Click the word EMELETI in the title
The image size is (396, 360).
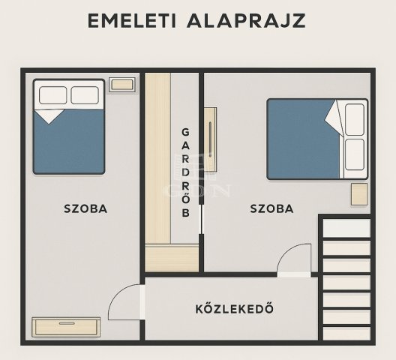pos(131,20)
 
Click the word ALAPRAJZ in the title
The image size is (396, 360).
pos(246,20)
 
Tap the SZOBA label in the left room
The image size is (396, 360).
pos(85,208)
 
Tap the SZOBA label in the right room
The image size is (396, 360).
pos(271,208)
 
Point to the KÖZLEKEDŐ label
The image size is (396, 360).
pos(234,308)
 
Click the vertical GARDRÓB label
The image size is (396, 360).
pos(186,172)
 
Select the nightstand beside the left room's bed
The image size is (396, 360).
pos(122,85)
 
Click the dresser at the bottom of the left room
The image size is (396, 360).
pos(66,327)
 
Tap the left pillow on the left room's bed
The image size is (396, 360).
pos(52,95)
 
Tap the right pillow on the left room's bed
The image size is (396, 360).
pos(85,95)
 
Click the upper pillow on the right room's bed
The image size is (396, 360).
pos(355,119)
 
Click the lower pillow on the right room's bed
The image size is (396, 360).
pos(355,154)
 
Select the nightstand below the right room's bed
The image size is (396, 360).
pos(359,194)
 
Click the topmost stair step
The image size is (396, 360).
pos(346,228)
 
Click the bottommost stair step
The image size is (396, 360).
pos(346,333)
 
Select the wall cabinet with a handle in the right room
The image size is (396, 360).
pos(210,139)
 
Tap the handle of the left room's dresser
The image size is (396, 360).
pos(67,323)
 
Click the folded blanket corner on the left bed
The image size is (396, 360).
pos(49,116)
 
